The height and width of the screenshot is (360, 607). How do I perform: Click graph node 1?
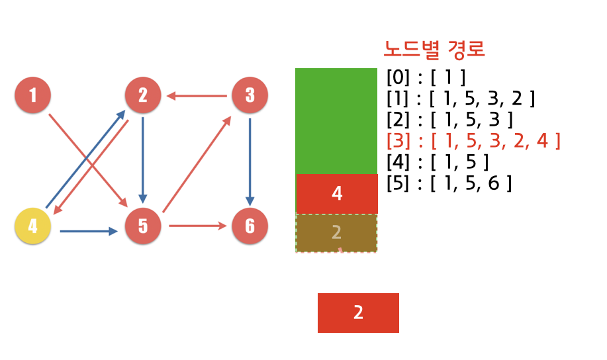click(32, 95)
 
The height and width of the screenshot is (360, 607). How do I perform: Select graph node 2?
click(142, 95)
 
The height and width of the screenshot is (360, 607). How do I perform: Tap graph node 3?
click(250, 95)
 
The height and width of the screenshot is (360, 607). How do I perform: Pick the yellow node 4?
click(32, 226)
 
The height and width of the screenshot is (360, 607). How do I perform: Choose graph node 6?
click(250, 226)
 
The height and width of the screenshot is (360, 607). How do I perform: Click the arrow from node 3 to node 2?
click(197, 96)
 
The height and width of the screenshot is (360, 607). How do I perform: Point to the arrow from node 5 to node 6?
click(197, 226)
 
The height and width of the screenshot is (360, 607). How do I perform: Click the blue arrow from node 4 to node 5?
click(88, 231)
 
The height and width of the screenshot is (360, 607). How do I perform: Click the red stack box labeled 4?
click(336, 194)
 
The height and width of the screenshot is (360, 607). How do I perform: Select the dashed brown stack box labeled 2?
click(336, 233)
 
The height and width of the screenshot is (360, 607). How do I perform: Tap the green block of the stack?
click(336, 121)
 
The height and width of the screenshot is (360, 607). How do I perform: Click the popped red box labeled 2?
click(358, 312)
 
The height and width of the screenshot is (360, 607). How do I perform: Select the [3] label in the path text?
click(398, 141)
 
